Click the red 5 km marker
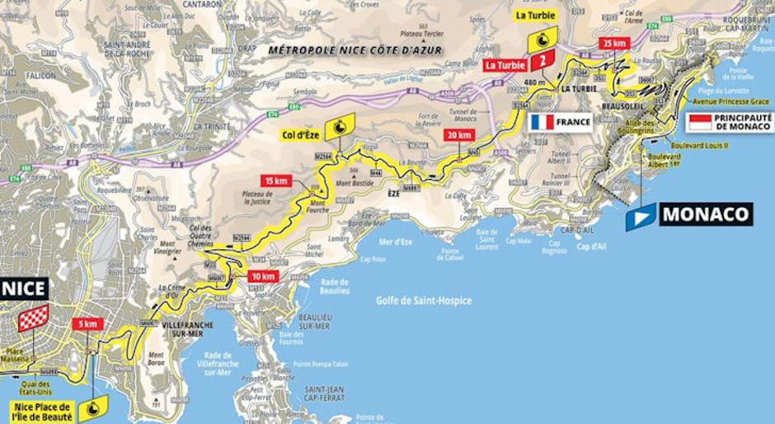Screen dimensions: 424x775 click(87, 323)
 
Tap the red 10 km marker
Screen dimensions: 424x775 click(265, 276)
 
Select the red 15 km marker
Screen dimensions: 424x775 click(276, 181)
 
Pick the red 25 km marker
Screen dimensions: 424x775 click(615, 43)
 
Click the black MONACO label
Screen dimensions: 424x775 click(706, 214)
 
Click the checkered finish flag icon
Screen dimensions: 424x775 click(33, 318)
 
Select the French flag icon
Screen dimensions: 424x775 click(542, 122)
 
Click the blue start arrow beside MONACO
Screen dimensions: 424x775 click(641, 216)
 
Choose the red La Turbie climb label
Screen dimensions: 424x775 click(504, 64)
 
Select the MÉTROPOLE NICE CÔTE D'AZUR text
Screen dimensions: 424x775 click(355, 50)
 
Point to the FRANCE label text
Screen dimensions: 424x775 click(573, 122)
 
